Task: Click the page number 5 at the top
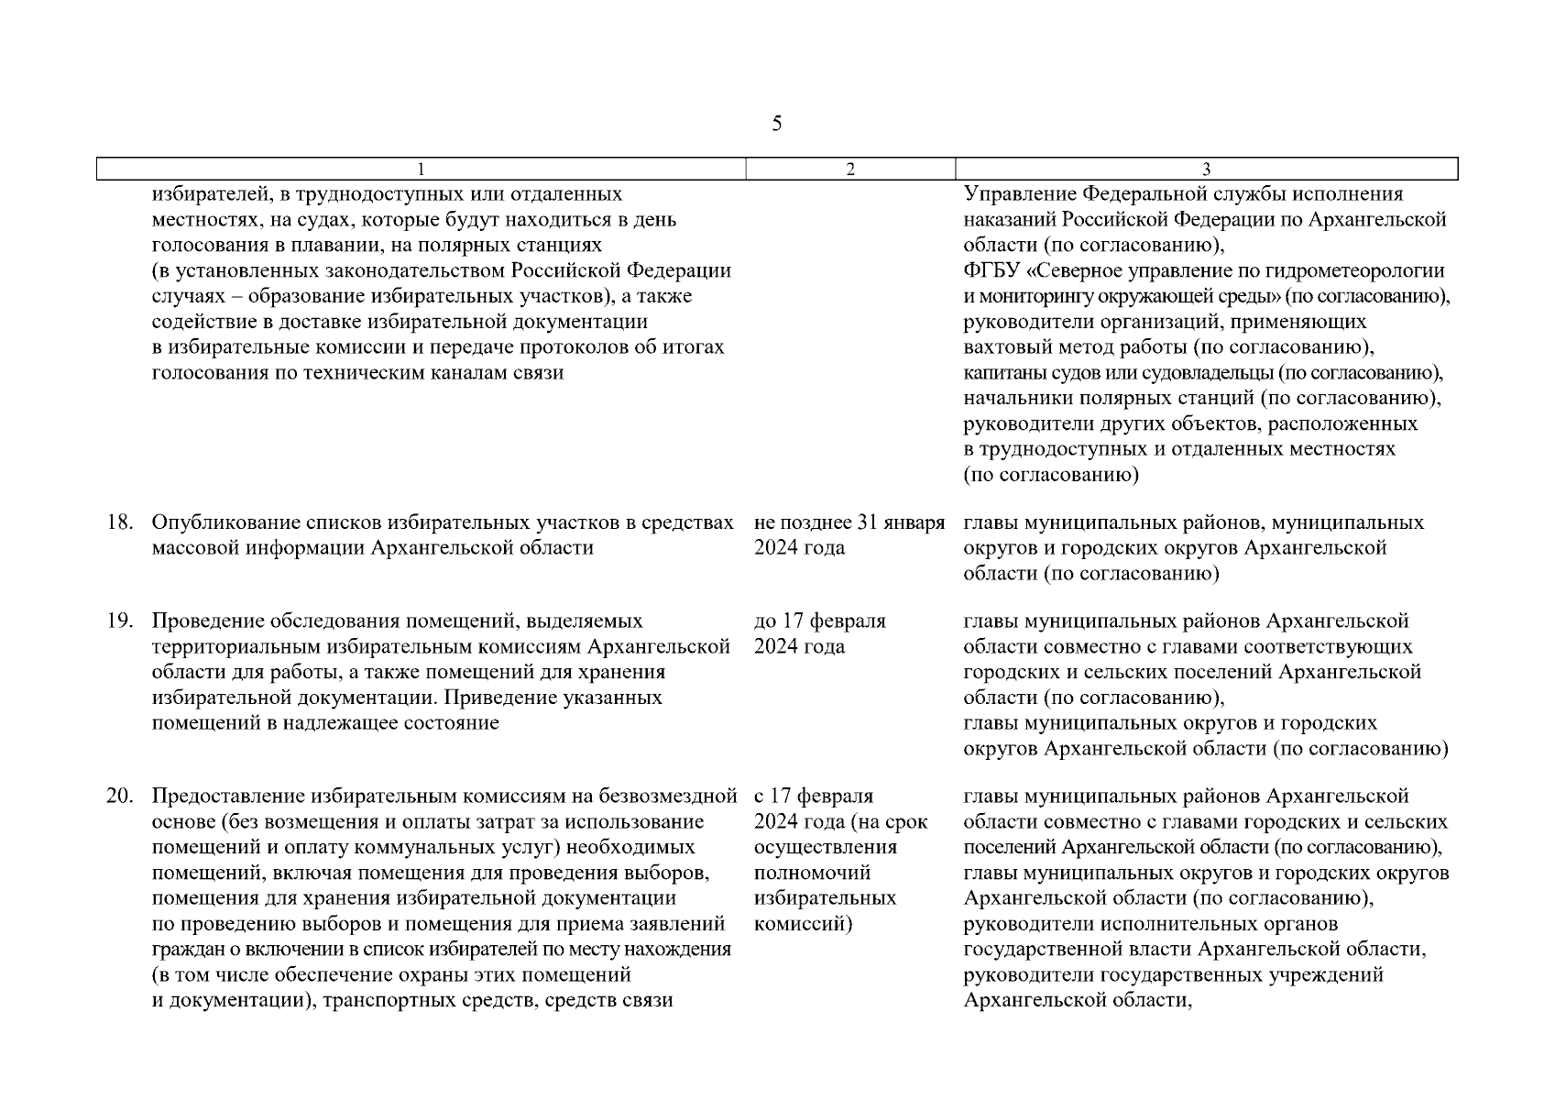(x=777, y=124)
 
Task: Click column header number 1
(x=421, y=170)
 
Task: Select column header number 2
(x=850, y=170)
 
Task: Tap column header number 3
(x=1206, y=170)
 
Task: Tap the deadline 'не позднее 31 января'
(x=849, y=522)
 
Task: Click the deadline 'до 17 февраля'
(x=819, y=621)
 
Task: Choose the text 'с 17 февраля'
(x=814, y=796)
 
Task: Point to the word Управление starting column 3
(x=1018, y=194)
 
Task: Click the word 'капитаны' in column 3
(x=1001, y=373)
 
